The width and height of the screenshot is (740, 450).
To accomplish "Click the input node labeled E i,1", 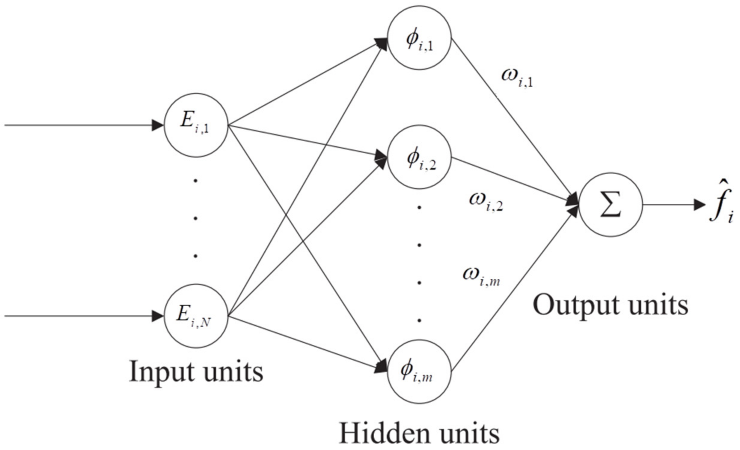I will point(195,125).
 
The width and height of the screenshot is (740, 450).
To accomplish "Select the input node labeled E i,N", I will point(195,316).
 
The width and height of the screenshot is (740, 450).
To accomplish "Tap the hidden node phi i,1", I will point(419,38).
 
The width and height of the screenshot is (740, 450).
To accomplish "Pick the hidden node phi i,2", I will point(419,157).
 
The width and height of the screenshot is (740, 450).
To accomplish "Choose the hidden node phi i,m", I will point(419,371).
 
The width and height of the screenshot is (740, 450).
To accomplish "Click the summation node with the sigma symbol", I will point(611,205).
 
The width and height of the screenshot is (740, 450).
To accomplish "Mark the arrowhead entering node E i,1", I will point(157,125).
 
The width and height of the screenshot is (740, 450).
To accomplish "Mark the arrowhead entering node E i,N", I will point(157,316).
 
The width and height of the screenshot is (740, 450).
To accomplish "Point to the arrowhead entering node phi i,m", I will point(380,367).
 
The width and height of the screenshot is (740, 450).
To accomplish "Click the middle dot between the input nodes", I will point(195,218).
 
